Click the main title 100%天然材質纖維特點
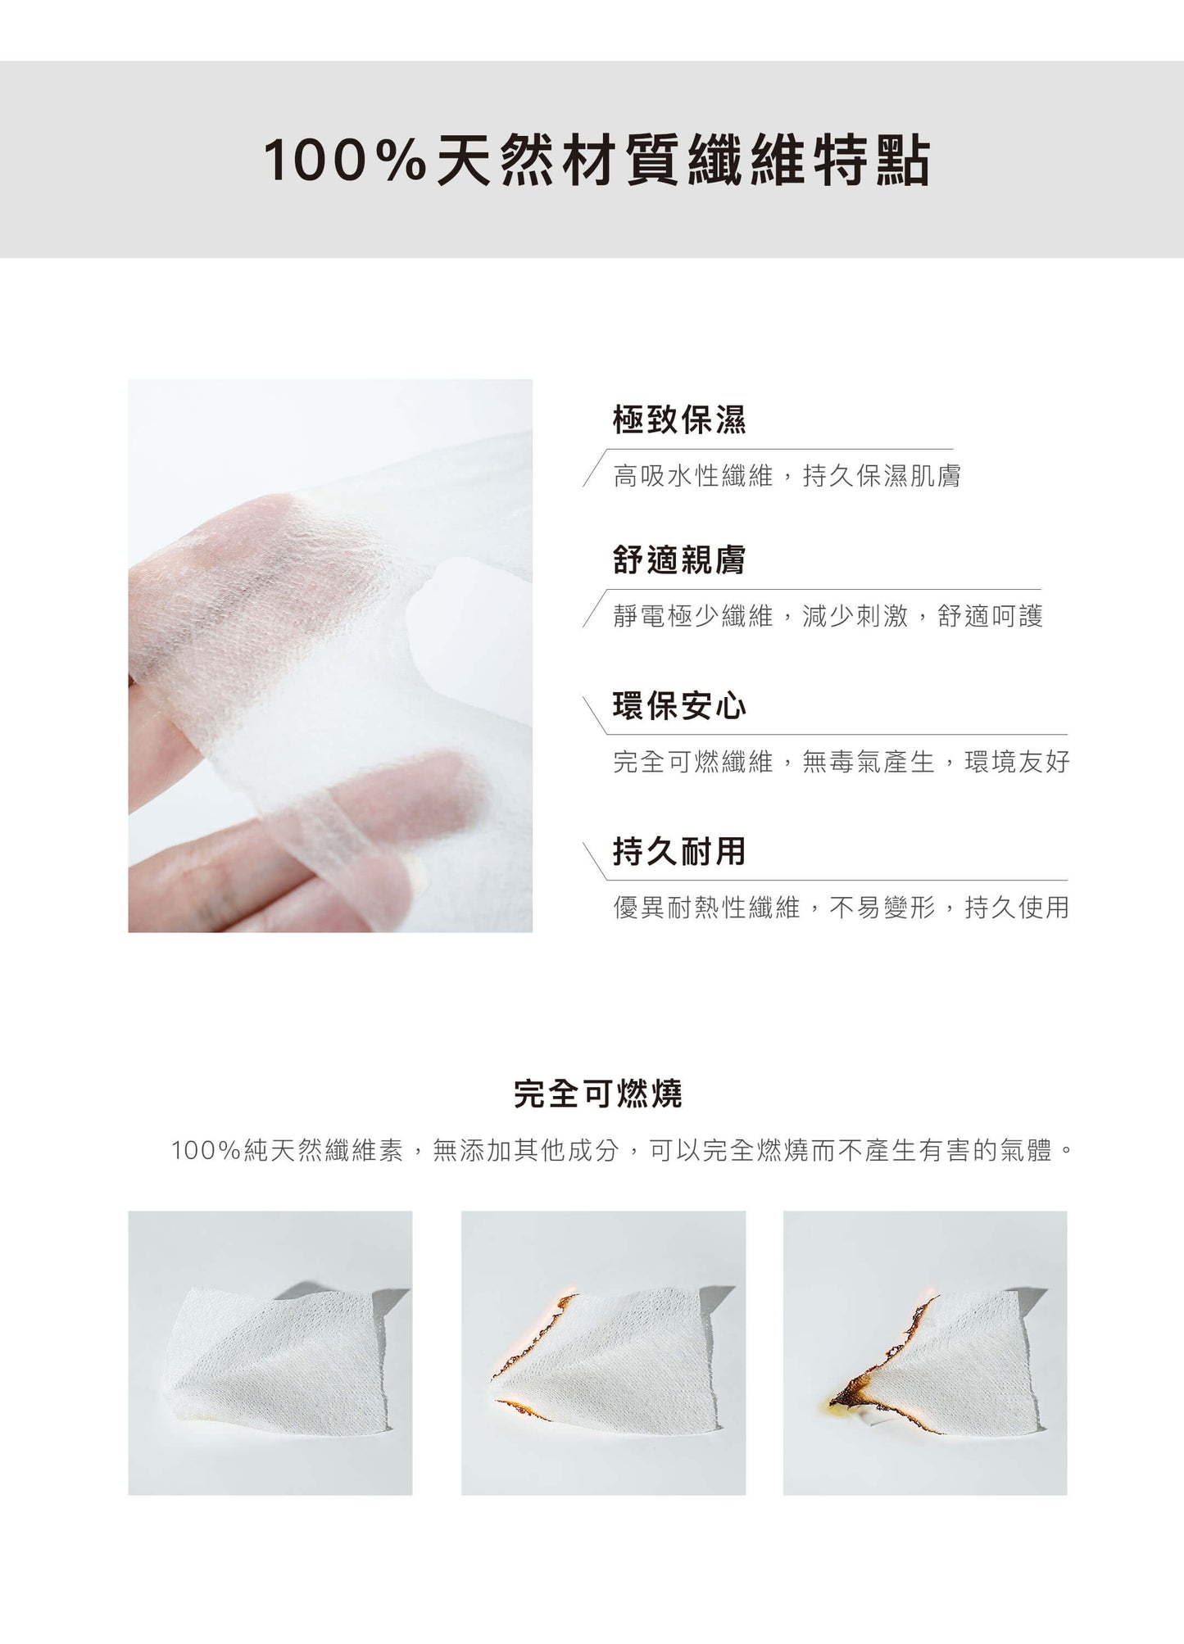pos(597,160)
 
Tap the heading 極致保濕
pos(679,419)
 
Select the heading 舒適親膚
pos(679,559)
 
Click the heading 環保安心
pos(679,705)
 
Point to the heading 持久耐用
pos(679,851)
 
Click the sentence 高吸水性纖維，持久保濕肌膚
pos(787,475)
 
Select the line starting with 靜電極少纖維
pos(828,616)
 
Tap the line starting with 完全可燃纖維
pos(841,762)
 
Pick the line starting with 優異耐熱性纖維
pos(841,908)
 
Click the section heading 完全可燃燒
pos(597,1094)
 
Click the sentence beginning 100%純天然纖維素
pos(621,1151)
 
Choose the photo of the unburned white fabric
pos(270,1353)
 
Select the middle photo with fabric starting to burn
pos(603,1353)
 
